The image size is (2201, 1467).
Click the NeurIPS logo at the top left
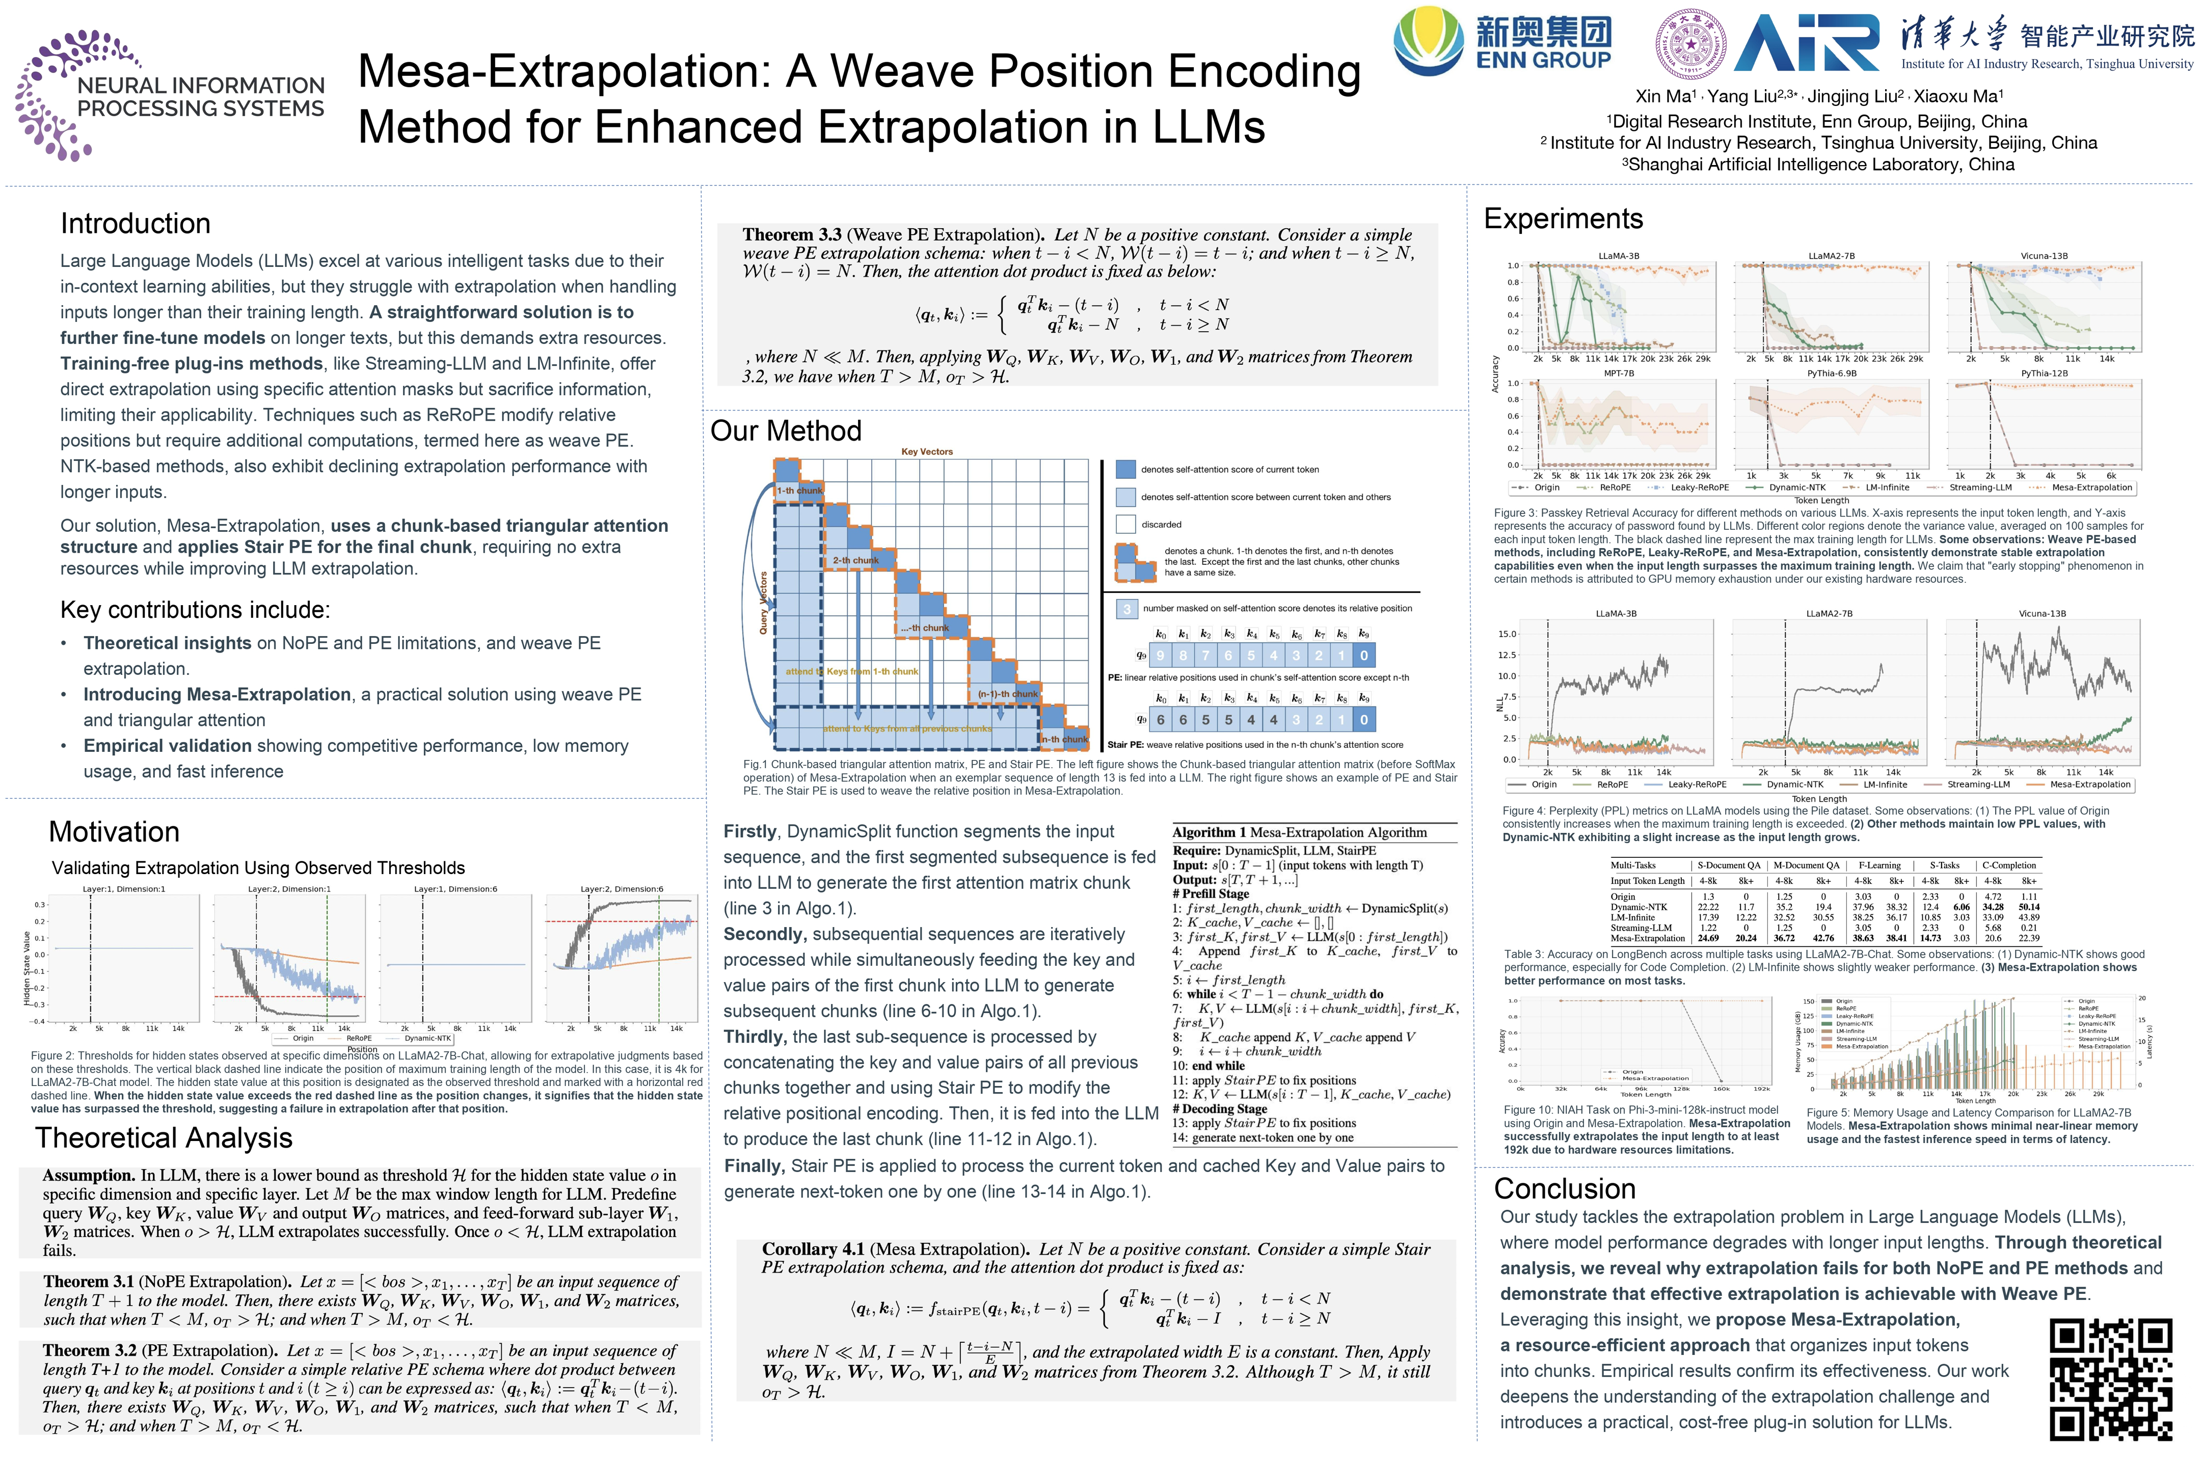pos(169,94)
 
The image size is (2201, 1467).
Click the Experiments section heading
pos(1563,219)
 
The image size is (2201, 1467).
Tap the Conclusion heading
pos(1565,1188)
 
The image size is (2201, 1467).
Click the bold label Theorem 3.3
pos(792,235)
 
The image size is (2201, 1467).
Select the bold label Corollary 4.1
pos(812,1249)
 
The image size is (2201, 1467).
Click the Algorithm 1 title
pos(1299,832)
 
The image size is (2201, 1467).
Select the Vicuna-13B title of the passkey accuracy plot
pos(2044,255)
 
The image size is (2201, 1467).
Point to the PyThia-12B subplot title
pos(2044,373)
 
